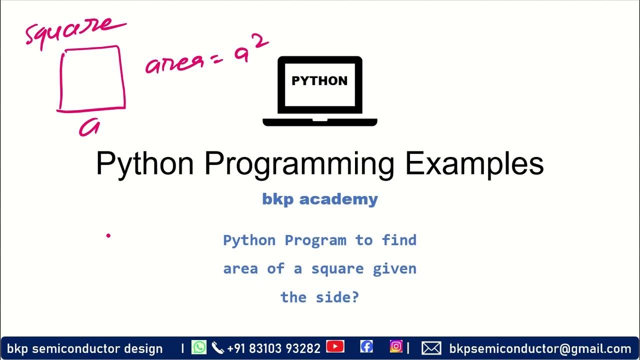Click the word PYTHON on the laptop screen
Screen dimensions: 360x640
319,81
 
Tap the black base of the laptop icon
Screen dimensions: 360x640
319,121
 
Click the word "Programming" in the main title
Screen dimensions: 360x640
299,163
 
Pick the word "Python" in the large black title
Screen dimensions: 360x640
144,163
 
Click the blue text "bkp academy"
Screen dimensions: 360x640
320,199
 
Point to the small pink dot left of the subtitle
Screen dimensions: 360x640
108,235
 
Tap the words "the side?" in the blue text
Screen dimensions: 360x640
320,297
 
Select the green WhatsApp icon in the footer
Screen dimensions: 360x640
199,347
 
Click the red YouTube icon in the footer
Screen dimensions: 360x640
335,347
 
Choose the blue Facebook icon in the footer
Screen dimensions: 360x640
366,347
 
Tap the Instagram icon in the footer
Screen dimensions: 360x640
396,346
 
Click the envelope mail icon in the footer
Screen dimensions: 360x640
431,348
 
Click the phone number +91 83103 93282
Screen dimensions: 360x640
273,348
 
